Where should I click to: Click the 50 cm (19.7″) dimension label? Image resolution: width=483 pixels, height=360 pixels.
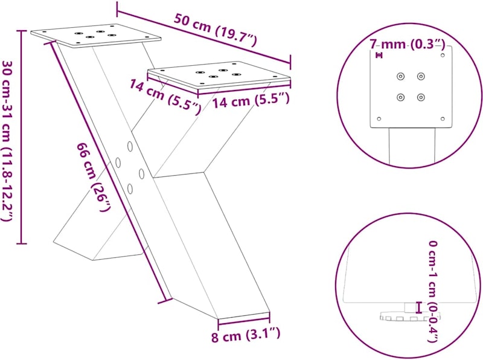point(215,30)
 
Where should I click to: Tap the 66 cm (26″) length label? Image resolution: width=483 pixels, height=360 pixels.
point(94,177)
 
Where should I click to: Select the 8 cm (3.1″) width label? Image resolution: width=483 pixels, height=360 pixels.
point(246,335)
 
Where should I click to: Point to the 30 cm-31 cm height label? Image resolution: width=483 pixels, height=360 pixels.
point(7,141)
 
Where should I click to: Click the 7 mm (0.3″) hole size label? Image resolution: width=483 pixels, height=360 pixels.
point(407,45)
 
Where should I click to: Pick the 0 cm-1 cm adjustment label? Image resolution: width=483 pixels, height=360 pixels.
point(433,292)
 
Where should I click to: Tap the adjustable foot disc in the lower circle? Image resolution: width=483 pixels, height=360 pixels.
point(410,317)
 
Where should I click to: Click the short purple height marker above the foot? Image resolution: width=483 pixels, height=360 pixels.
point(418,307)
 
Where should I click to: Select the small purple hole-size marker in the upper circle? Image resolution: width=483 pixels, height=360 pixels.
point(379,55)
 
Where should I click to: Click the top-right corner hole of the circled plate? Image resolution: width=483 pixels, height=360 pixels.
point(443,55)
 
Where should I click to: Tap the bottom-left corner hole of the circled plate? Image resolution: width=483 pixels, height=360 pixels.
point(379,118)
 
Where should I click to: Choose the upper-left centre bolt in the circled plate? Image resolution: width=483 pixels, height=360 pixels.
point(400,76)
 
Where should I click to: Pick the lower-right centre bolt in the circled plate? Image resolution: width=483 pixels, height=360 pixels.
point(421,97)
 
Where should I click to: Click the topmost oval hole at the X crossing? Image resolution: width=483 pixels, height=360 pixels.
point(130,146)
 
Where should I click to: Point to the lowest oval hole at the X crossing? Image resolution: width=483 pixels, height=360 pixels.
point(130,188)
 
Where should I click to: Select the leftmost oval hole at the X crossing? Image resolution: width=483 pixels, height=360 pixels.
point(118,162)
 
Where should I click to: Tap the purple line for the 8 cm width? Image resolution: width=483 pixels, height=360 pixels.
point(244,318)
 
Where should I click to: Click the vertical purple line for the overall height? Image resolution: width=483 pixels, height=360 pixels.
point(21,137)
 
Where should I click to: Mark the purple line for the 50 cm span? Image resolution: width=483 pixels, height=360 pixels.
point(203,37)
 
